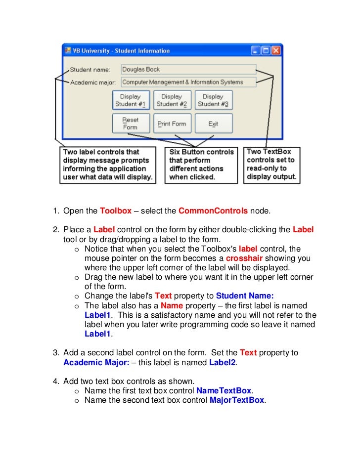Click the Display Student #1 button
(x=131, y=100)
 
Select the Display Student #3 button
(x=213, y=100)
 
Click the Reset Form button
(x=131, y=124)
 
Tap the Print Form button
(x=172, y=124)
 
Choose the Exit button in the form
(x=213, y=124)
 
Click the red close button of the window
(x=275, y=50)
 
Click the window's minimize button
(x=255, y=50)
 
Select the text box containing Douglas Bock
(x=188, y=70)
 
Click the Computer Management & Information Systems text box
(x=188, y=82)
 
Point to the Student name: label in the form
(x=90, y=70)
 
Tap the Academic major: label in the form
(x=93, y=83)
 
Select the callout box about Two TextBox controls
(x=271, y=165)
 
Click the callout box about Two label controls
(x=108, y=165)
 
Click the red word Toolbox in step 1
(x=116, y=211)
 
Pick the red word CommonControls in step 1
(x=213, y=211)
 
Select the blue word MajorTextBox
(x=237, y=400)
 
